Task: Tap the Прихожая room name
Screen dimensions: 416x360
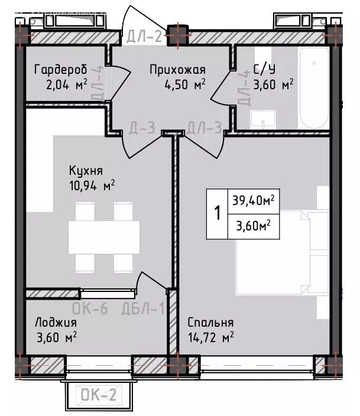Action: tap(176, 69)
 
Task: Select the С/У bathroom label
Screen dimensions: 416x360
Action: tap(264, 69)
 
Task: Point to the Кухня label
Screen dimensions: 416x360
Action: tap(86, 171)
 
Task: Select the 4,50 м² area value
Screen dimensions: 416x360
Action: tap(184, 84)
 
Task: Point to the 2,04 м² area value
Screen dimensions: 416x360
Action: tap(66, 84)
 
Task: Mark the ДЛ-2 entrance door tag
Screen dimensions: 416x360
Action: tap(144, 37)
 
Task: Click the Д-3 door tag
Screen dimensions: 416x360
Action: tap(142, 127)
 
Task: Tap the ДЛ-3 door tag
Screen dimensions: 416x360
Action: tap(204, 127)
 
